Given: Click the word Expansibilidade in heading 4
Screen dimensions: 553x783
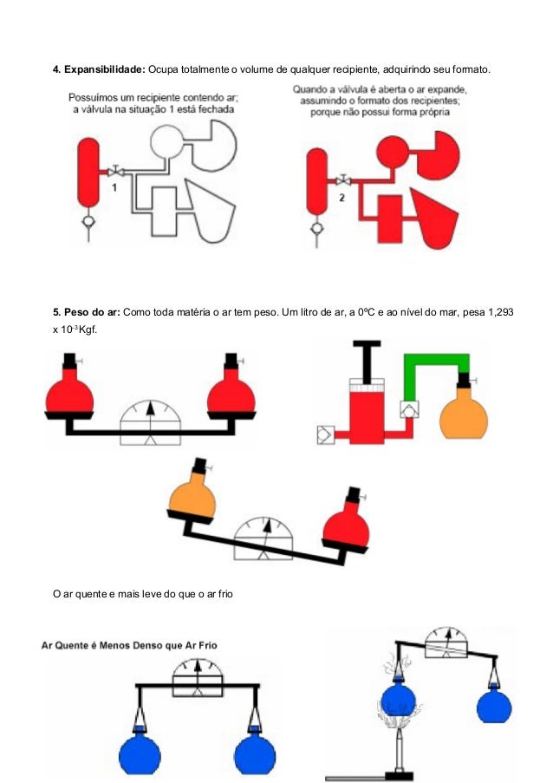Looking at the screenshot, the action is tap(104, 69).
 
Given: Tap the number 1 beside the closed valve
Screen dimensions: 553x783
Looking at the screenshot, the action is tap(114, 188).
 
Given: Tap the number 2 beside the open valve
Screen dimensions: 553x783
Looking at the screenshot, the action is tap(342, 198).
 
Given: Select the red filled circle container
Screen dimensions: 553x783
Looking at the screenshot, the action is tap(393, 152).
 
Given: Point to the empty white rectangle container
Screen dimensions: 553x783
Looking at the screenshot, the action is tap(164, 212).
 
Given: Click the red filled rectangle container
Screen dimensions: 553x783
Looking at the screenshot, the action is tap(390, 219).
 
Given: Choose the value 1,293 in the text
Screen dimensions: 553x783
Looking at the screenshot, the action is tap(501, 313).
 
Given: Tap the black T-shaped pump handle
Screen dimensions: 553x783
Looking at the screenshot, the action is tap(367, 360).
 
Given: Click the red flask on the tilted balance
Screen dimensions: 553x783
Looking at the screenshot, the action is tap(347, 525).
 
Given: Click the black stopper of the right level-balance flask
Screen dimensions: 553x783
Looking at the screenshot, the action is tap(231, 361).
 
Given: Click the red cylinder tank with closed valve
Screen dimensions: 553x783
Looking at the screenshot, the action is tap(88, 173).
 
